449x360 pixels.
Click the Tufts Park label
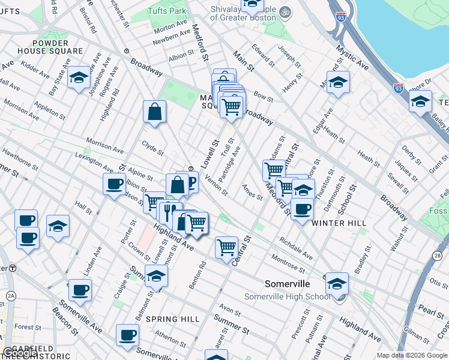[168, 11]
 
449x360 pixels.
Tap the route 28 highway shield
[437, 256]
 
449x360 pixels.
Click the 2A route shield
[11, 296]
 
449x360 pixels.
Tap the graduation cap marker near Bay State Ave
[79, 78]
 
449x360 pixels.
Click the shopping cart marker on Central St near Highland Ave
[226, 246]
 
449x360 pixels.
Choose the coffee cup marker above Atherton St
[127, 335]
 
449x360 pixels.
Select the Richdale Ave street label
[296, 250]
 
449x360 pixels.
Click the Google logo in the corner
[20, 353]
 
